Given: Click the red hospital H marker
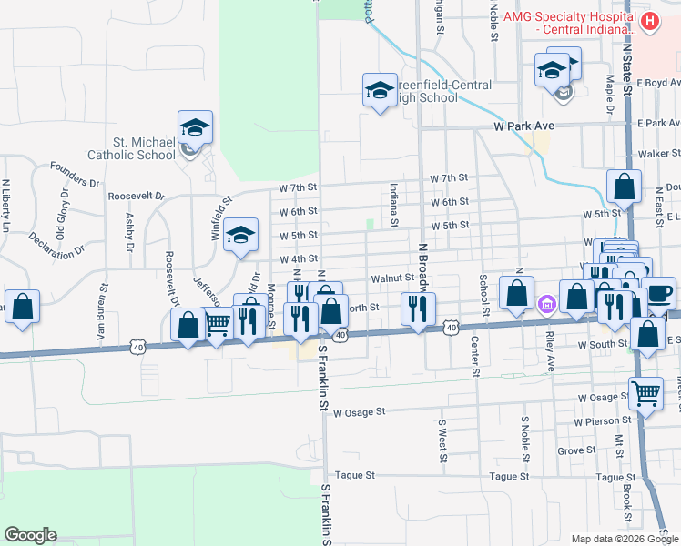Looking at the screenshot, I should tap(649, 21).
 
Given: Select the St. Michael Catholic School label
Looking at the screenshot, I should tap(131, 148).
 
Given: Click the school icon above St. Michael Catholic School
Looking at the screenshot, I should tap(195, 128).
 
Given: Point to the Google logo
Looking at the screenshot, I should tap(30, 534).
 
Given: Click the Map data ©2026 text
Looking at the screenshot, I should tap(611, 538).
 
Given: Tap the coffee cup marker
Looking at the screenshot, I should tap(660, 293).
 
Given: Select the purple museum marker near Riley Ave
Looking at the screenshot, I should tap(546, 303).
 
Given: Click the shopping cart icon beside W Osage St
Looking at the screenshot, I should tap(645, 394).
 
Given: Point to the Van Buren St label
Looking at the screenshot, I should tap(103, 312).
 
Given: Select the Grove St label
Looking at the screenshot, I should tap(576, 450).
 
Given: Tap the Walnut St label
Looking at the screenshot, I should tap(392, 278).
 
